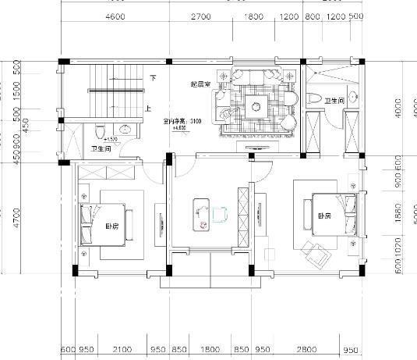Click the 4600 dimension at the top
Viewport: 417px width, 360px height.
(115, 16)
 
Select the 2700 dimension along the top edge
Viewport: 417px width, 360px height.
(200, 16)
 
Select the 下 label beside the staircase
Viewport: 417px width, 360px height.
(154, 78)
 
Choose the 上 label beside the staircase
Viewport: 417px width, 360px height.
(147, 109)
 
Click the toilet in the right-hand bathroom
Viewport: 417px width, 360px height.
(314, 99)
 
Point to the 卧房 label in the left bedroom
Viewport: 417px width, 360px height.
(112, 227)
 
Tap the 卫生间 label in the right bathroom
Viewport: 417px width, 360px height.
(334, 101)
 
